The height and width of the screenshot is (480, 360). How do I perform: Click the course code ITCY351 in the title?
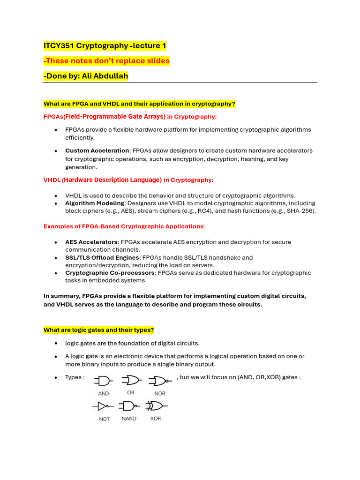click(59, 46)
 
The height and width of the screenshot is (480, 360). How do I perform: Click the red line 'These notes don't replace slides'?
click(107, 61)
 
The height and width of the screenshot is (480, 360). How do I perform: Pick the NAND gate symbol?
click(129, 405)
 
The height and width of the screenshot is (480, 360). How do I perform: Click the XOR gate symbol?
click(156, 405)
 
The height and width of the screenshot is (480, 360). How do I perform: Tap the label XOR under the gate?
click(156, 419)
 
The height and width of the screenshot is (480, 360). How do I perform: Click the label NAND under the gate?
click(129, 419)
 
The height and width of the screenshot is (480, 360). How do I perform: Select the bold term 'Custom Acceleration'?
click(97, 150)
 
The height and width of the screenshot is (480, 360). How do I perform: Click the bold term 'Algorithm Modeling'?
click(95, 203)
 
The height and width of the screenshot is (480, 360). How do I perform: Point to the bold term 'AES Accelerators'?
click(91, 242)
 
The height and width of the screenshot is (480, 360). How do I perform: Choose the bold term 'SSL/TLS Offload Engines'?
click(102, 257)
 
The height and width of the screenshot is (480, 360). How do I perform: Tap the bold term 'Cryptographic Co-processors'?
click(110, 273)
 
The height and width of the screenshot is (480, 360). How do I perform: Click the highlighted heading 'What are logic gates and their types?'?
click(98, 330)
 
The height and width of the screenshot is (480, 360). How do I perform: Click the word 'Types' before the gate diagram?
click(75, 377)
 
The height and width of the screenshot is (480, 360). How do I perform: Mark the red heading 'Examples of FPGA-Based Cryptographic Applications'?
click(124, 226)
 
